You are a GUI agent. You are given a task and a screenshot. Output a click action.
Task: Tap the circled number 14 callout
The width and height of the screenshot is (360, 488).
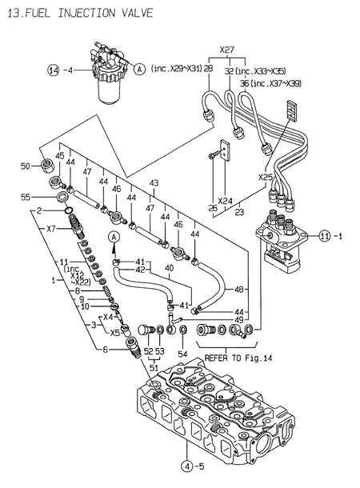(52, 70)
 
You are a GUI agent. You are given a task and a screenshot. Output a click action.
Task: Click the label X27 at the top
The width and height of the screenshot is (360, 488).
(226, 50)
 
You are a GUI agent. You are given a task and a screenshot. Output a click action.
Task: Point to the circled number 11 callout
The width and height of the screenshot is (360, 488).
(323, 235)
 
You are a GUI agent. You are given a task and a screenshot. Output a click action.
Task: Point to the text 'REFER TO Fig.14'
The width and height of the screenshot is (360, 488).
(238, 357)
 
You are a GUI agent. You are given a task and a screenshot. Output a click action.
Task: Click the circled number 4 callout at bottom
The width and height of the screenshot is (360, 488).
(186, 466)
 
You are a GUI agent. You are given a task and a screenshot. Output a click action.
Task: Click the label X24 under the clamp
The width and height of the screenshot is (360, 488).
(223, 202)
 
